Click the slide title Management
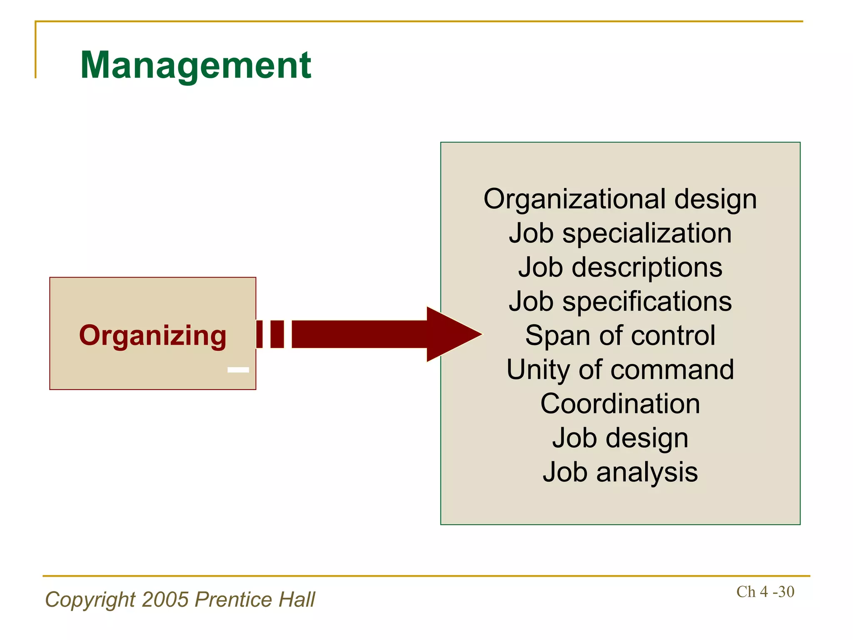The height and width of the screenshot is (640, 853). click(195, 65)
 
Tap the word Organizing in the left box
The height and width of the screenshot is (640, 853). click(152, 335)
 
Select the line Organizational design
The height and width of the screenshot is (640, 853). click(620, 199)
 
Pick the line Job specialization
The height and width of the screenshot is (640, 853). click(620, 233)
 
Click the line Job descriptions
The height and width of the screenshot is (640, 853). click(620, 267)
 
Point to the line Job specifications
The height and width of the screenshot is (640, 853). click(620, 301)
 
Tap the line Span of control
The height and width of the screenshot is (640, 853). click(620, 335)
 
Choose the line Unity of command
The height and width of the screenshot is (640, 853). click(620, 370)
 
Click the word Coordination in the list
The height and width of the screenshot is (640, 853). click(620, 404)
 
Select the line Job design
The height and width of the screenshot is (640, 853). click(620, 438)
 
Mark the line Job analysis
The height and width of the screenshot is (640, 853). click(620, 472)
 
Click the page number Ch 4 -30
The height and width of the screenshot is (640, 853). click(765, 592)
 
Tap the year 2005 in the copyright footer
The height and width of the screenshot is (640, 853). click(165, 600)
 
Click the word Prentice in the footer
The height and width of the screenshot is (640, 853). click(233, 600)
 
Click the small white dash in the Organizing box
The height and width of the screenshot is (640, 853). click(238, 370)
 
